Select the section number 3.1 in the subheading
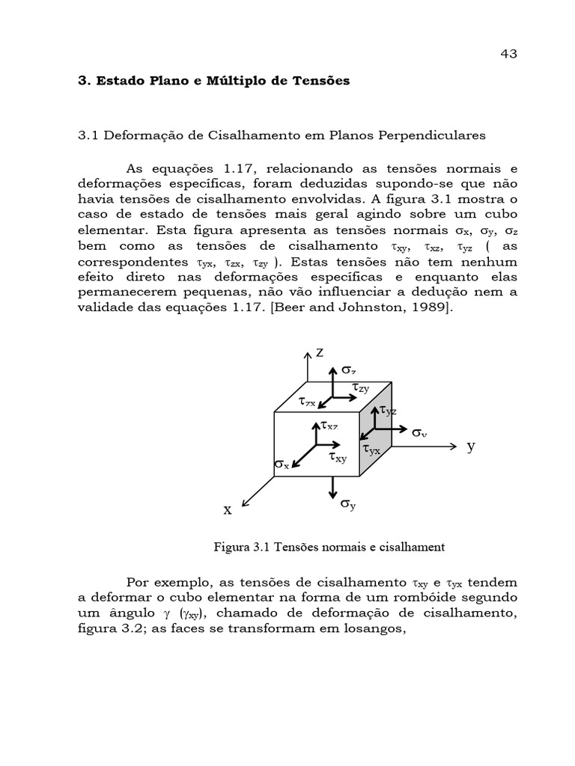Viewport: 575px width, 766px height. [89, 135]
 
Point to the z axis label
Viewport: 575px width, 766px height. [319, 352]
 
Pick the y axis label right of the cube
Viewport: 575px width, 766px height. [471, 446]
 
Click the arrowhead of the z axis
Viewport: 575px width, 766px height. [308, 355]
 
